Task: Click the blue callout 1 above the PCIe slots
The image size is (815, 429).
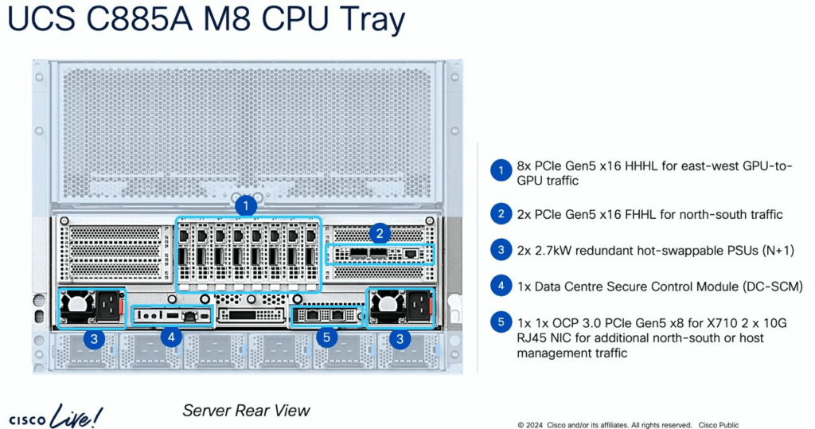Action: click(x=246, y=206)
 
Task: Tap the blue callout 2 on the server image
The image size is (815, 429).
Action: click(x=380, y=233)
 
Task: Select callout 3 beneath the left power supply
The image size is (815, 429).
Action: click(x=94, y=340)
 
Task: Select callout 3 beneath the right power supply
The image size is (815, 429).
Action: click(x=400, y=340)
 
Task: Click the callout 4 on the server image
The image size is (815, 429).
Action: click(x=172, y=337)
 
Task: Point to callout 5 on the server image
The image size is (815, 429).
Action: click(x=326, y=337)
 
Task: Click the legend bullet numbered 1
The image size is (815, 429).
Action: click(x=501, y=170)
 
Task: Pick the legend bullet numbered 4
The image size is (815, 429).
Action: click(x=501, y=286)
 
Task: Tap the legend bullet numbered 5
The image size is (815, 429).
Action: click(x=501, y=322)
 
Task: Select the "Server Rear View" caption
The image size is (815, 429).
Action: click(x=246, y=410)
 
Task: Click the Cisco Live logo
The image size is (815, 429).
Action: click(x=56, y=415)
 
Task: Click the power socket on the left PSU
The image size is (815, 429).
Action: click(x=108, y=306)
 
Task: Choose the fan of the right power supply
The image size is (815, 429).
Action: click(x=388, y=306)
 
